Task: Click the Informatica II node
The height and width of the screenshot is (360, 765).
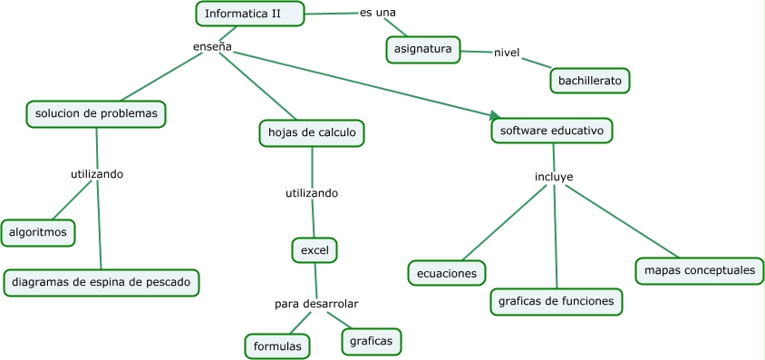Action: (250, 14)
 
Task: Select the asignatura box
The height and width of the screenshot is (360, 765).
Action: (423, 49)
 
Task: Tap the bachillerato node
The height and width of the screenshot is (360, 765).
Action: (589, 81)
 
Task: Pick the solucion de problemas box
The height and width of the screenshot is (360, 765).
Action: (96, 113)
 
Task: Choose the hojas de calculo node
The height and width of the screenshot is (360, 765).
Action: (312, 132)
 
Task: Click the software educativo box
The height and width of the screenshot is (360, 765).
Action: (552, 131)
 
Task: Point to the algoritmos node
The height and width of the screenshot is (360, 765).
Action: (38, 232)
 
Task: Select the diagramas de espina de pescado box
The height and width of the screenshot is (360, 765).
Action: (101, 282)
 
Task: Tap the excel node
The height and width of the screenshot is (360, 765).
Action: (315, 249)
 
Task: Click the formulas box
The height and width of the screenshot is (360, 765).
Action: (277, 345)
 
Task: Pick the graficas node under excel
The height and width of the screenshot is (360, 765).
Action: (371, 341)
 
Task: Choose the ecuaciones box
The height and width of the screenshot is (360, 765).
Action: (447, 272)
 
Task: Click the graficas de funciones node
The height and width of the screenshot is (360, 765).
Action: (557, 301)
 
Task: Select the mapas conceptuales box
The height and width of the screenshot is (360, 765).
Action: (699, 270)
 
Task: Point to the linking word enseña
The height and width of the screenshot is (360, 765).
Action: (213, 46)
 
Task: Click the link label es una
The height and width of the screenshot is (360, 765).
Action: (378, 13)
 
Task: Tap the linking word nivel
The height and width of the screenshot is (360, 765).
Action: (506, 52)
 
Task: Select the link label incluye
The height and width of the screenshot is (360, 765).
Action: (554, 176)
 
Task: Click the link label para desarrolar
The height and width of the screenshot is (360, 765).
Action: (316, 303)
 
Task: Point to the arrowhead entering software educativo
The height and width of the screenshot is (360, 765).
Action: (495, 116)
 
